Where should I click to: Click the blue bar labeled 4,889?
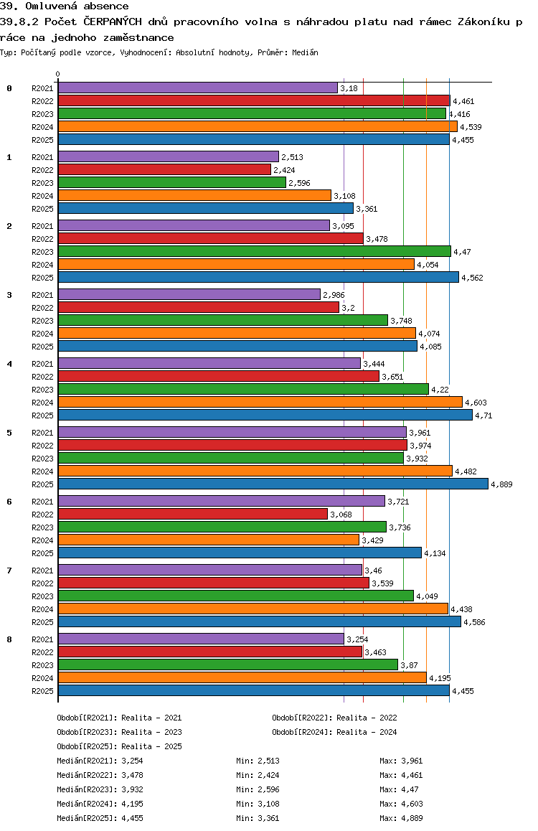click(x=273, y=484)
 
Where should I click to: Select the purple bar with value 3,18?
click(x=197, y=88)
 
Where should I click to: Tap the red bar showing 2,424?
click(x=164, y=169)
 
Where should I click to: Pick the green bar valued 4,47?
click(x=254, y=251)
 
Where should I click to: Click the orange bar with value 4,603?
click(x=260, y=402)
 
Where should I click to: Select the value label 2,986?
click(x=334, y=295)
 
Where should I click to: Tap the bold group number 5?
click(x=9, y=433)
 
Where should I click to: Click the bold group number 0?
click(x=9, y=88)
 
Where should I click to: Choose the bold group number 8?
click(x=9, y=639)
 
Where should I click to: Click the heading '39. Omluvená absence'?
click(x=65, y=6)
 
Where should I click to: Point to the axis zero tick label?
click(x=58, y=74)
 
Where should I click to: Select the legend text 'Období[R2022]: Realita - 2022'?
click(x=334, y=718)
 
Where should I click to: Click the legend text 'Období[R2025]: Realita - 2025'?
click(x=119, y=746)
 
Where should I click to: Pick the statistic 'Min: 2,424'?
click(x=258, y=775)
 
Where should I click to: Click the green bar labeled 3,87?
click(x=227, y=665)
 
